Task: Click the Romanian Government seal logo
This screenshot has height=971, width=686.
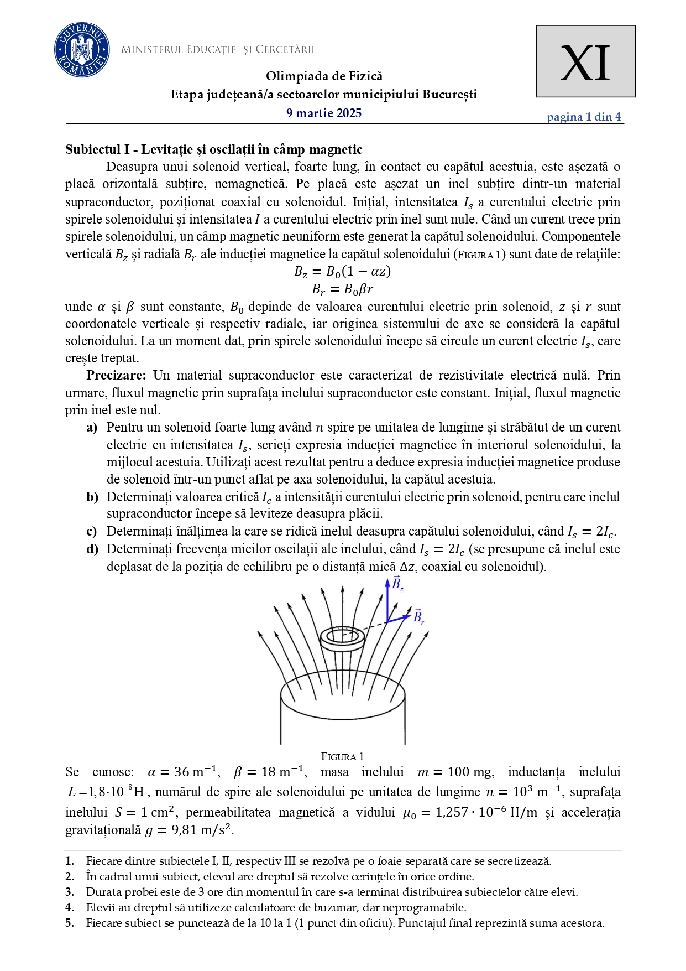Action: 81,50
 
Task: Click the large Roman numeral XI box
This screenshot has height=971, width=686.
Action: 585,61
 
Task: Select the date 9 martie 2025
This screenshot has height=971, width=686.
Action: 323,113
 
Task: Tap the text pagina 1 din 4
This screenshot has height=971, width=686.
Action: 583,117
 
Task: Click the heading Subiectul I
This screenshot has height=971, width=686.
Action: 213,149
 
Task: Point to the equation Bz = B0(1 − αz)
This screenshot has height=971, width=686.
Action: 342,272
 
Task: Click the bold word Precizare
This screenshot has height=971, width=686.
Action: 116,376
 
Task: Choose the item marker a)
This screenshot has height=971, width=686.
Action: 92,428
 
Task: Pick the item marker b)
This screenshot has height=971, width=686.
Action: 92,497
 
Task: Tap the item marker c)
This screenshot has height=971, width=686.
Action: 92,532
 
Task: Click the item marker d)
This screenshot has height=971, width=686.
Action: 92,549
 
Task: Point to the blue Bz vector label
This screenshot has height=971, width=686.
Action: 397,584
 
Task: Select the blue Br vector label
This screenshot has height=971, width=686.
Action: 418,617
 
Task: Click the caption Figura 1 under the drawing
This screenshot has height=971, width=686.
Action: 342,757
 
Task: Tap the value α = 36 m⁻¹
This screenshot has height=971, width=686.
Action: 184,772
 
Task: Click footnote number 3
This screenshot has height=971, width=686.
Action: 70,892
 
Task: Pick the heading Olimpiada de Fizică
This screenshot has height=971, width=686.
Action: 324,76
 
